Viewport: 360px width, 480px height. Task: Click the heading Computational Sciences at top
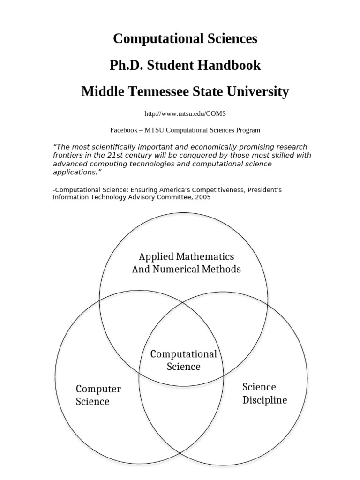coord(185,38)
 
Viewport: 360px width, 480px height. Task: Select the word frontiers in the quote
coord(68,155)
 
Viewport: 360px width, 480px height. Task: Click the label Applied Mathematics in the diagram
coord(186,257)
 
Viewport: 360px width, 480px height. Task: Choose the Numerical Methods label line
coord(186,270)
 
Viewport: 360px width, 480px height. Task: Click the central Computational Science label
coord(183,360)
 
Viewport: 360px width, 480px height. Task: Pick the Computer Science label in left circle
coord(98,395)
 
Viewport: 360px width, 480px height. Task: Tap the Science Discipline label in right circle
coord(264,393)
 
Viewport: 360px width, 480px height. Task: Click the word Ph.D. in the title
coord(127,65)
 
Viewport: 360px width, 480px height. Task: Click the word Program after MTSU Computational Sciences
coord(248,130)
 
